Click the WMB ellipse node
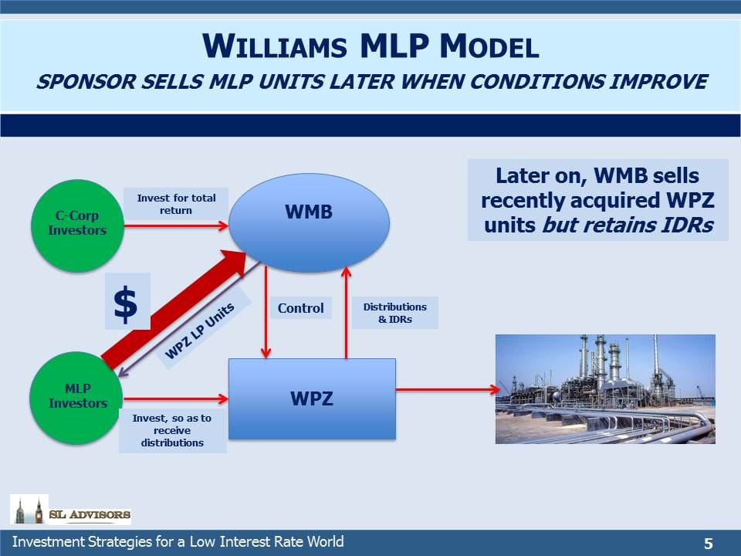[x=309, y=222]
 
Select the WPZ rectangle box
[x=312, y=399]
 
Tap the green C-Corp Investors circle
[x=77, y=226]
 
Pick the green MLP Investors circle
[x=76, y=398]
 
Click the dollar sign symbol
[x=126, y=304]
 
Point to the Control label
[x=300, y=308]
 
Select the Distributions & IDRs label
[x=395, y=313]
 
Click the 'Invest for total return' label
[x=176, y=204]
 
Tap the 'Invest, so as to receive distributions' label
[x=172, y=430]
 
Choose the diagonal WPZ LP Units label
[x=199, y=330]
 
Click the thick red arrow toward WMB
[x=174, y=309]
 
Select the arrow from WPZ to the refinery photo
[x=448, y=389]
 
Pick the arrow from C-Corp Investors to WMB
[x=176, y=226]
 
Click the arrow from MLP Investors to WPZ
[x=176, y=398]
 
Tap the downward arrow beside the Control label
[x=266, y=312]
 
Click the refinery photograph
[x=605, y=389]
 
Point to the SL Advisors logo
[x=70, y=510]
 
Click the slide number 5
[x=708, y=544]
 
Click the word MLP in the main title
[x=394, y=46]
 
